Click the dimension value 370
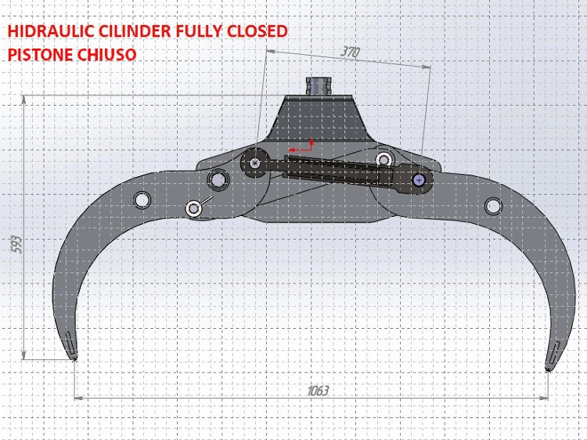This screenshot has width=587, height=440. pos(351,53)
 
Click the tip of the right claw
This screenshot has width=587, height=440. pos(548,367)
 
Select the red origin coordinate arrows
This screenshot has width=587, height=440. pos(302,146)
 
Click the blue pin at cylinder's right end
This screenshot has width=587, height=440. pos(420,180)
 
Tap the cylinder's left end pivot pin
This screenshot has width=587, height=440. pos(256,163)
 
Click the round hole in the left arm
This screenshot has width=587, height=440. pos(142,200)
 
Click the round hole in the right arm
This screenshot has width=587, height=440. pos(493,206)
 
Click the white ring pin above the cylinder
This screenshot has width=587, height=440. pos(384,160)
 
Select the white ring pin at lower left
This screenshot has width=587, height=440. pos(193,208)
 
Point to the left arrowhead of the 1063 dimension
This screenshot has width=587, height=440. pos(78,398)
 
